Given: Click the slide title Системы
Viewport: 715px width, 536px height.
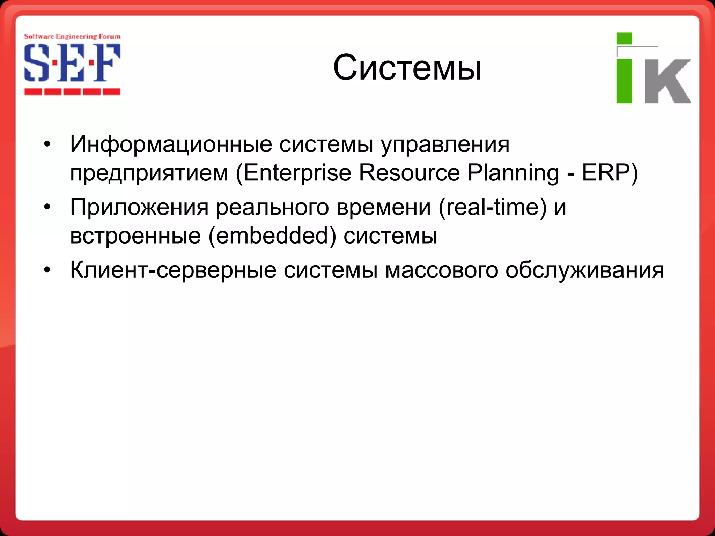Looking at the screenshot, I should pyautogui.click(x=407, y=67).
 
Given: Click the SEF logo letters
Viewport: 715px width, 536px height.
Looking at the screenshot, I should pyautogui.click(x=72, y=63).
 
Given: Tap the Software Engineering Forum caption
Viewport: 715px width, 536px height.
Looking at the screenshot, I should pyautogui.click(x=72, y=36).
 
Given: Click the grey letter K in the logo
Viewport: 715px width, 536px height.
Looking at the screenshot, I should pyautogui.click(x=667, y=81).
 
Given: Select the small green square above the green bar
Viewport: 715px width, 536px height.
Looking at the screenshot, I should pyautogui.click(x=624, y=38).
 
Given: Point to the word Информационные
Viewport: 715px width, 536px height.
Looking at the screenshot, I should pyautogui.click(x=171, y=144).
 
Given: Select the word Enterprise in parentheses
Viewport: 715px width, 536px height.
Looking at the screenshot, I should pyautogui.click(x=297, y=173).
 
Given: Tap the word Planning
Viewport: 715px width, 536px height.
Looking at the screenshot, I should pyautogui.click(x=513, y=173).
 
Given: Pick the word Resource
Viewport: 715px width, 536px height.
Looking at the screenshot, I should pyautogui.click(x=410, y=173).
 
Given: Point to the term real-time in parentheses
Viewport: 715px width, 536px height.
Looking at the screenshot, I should pyautogui.click(x=492, y=207).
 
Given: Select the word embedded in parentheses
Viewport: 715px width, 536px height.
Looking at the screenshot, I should pyautogui.click(x=273, y=236).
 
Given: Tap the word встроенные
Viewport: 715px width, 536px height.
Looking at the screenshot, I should pyautogui.click(x=135, y=236).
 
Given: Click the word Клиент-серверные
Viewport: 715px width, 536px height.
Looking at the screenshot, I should pyautogui.click(x=173, y=270).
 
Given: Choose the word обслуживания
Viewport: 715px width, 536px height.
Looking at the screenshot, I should pyautogui.click(x=584, y=270).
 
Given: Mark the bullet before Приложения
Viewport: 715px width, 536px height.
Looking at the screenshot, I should pyautogui.click(x=47, y=207).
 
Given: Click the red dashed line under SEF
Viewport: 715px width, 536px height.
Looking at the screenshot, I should pyautogui.click(x=72, y=92).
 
